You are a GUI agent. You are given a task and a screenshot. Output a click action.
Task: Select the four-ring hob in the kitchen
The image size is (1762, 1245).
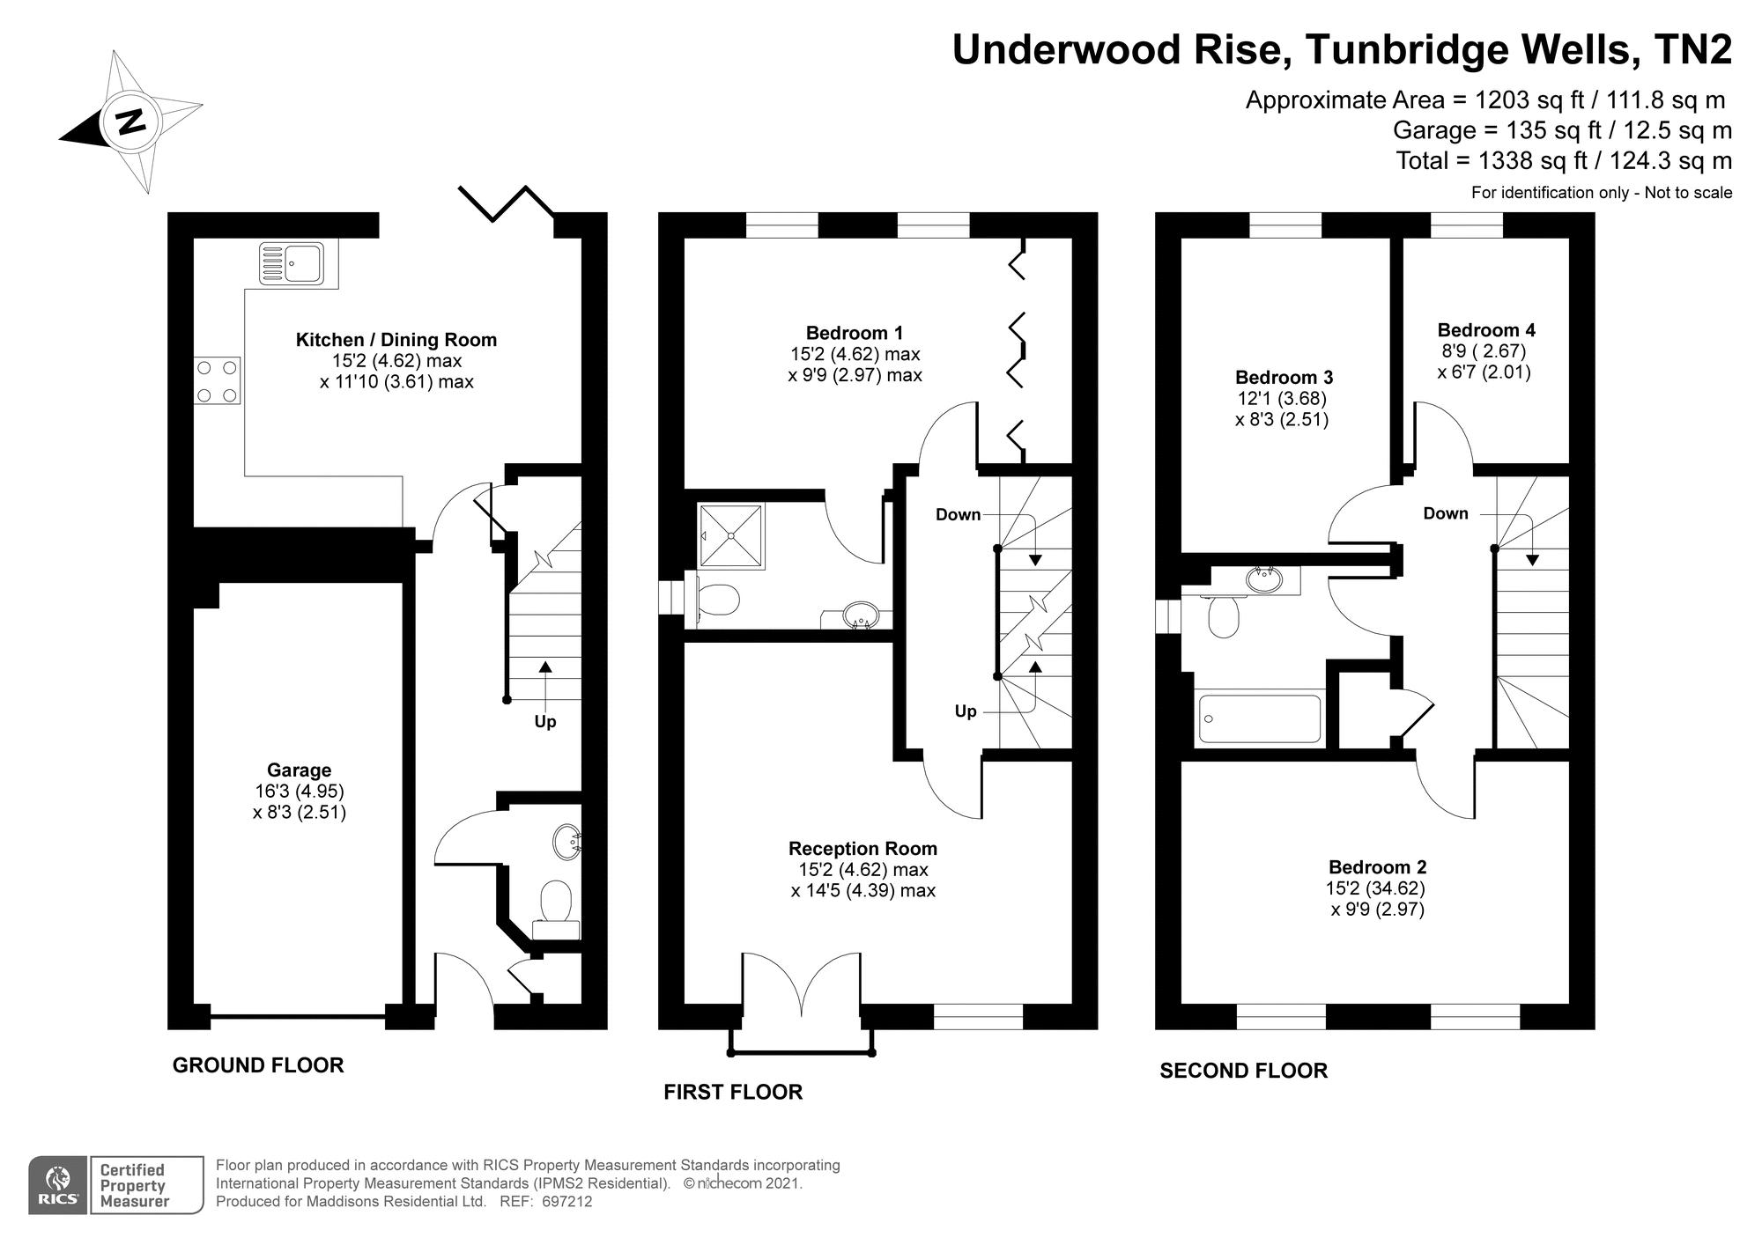pos(217,380)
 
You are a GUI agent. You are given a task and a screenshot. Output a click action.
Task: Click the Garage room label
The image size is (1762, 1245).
pos(299,770)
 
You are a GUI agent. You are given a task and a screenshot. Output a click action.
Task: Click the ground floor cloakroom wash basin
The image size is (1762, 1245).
pos(566,842)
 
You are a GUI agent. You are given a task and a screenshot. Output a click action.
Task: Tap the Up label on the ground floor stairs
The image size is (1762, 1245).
pos(545,722)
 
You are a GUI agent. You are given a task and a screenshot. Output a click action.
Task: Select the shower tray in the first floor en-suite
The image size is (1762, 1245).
pos(731,536)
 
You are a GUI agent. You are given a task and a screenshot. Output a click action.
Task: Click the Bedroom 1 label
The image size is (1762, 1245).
pos(854,333)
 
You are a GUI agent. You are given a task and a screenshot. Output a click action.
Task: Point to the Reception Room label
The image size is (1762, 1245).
pos(862,849)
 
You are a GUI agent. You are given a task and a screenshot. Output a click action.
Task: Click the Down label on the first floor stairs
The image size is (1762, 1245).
pos(958,515)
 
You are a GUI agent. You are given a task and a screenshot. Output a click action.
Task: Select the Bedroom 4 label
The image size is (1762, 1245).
pos(1485,330)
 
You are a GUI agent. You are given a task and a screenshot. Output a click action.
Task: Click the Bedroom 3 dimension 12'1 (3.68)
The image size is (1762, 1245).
pos(1283,398)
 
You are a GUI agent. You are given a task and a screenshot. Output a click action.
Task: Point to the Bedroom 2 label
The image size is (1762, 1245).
pos(1377,867)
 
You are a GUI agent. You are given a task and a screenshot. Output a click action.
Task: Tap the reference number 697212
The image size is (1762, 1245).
pos(567,1202)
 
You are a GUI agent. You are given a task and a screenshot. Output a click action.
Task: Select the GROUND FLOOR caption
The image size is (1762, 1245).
pos(258,1065)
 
